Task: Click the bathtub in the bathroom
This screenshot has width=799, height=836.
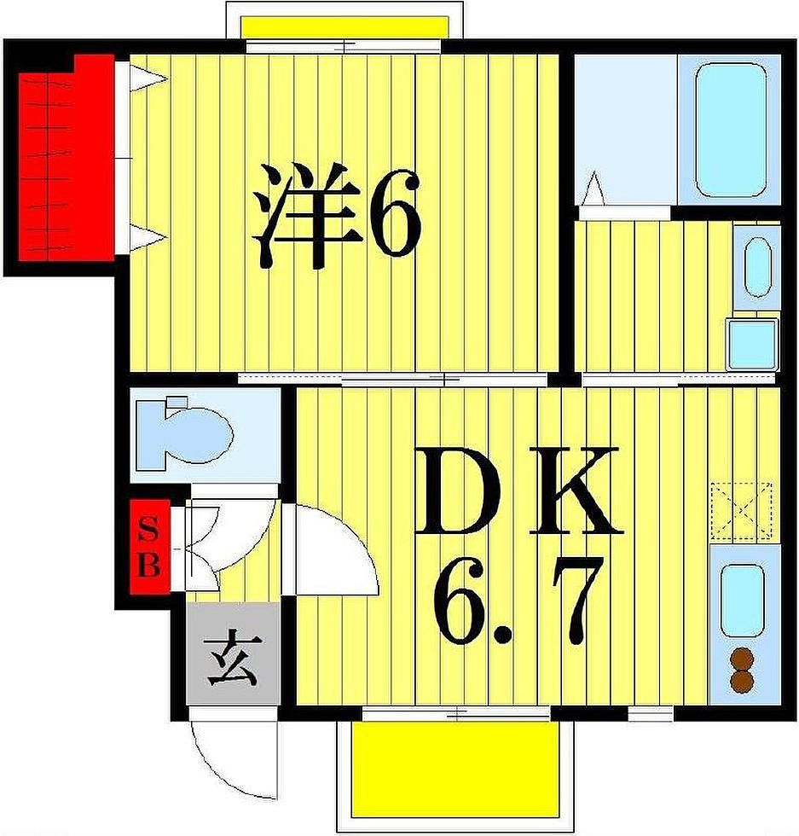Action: (737, 130)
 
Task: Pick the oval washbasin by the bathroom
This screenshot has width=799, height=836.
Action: (757, 267)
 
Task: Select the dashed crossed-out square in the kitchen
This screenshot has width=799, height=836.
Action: (742, 511)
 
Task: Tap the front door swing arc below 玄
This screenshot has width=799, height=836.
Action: (233, 756)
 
